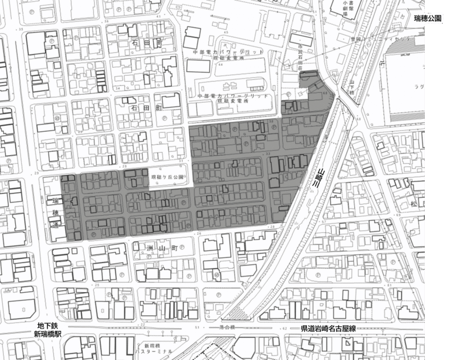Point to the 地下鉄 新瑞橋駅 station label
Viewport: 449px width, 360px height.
tap(48, 330)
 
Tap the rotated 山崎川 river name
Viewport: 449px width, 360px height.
tap(318, 178)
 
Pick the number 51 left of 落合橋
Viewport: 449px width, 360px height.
tap(196, 326)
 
